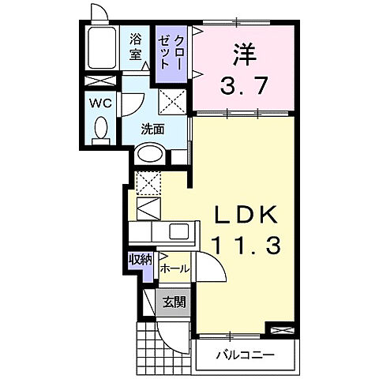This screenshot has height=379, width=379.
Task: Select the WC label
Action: [x=99, y=103]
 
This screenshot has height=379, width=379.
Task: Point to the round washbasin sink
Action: [x=149, y=156]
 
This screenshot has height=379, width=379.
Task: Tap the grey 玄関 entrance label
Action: [x=174, y=301]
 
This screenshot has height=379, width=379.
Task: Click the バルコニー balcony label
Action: [x=246, y=355]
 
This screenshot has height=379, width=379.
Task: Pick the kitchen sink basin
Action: [x=178, y=232]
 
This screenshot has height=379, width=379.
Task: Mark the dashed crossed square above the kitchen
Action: [x=148, y=183]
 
